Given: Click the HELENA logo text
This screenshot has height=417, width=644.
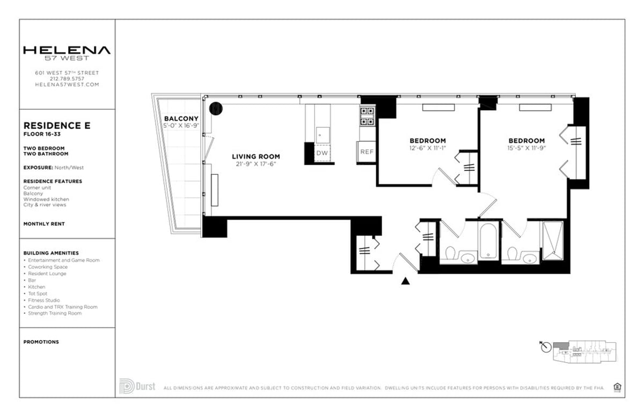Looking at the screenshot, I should pyautogui.click(x=67, y=50).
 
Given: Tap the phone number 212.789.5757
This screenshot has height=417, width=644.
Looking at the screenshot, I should pyautogui.click(x=67, y=78).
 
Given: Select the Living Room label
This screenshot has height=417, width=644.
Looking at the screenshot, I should pyautogui.click(x=256, y=156).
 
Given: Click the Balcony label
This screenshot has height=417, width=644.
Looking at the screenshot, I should pyautogui.click(x=181, y=118).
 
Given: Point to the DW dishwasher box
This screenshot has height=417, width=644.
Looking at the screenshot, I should pyautogui.click(x=322, y=153).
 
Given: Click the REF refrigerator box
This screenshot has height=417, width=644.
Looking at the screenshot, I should pyautogui.click(x=367, y=152).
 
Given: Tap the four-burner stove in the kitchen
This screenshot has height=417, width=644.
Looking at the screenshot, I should pyautogui.click(x=368, y=116).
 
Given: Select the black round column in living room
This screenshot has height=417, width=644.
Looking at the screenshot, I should pyautogui.click(x=216, y=109).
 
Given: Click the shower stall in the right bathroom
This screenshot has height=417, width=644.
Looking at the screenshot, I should pyautogui.click(x=552, y=240).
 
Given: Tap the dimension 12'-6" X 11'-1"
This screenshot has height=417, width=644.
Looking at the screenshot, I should pyautogui.click(x=428, y=148).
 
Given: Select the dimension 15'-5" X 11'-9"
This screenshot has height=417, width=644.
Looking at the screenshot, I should pyautogui.click(x=526, y=148).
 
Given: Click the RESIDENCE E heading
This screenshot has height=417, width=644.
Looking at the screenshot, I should pyautogui.click(x=57, y=126).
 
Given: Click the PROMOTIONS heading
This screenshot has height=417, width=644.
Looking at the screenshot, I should pyautogui.click(x=41, y=342).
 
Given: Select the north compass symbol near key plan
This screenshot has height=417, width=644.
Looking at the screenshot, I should pyautogui.click(x=546, y=347).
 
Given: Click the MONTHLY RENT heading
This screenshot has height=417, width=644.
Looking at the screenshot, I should pyautogui.click(x=44, y=224).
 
